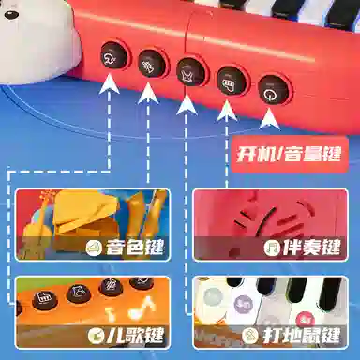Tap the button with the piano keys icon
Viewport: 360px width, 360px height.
(231, 81)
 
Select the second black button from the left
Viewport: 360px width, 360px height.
(151, 64)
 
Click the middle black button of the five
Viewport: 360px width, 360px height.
(190, 72)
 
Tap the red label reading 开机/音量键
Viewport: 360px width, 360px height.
(289, 154)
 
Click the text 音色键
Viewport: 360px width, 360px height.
(134, 247)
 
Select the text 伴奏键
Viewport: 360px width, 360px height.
(311, 247)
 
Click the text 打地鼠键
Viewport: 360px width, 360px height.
(301, 336)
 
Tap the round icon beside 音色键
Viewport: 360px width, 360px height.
(94, 248)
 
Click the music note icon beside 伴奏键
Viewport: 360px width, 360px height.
(271, 247)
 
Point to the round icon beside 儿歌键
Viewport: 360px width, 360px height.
(95, 336)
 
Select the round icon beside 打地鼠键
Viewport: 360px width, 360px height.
(250, 337)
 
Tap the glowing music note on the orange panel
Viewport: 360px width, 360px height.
(142, 307)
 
